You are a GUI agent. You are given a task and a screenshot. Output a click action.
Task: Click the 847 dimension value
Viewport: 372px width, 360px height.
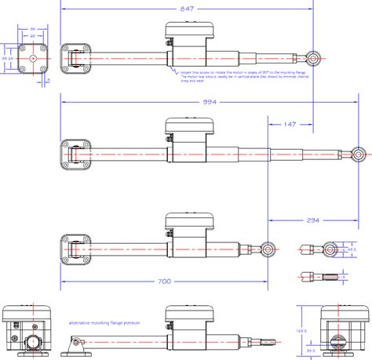click(185, 8)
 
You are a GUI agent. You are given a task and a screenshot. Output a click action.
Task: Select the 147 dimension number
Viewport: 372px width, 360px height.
click(290, 124)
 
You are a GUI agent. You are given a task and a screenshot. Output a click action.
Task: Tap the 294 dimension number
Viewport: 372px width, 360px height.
click(312, 221)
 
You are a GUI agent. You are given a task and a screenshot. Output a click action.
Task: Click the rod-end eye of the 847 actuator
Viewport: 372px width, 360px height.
click(314, 57)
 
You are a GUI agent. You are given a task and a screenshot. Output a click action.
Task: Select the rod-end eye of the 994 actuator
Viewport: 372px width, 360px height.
click(359, 154)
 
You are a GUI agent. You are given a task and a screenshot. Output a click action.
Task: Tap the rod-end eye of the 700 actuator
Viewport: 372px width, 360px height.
click(268, 249)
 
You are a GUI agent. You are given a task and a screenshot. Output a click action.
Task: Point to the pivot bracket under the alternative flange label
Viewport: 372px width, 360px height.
click(75, 341)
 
